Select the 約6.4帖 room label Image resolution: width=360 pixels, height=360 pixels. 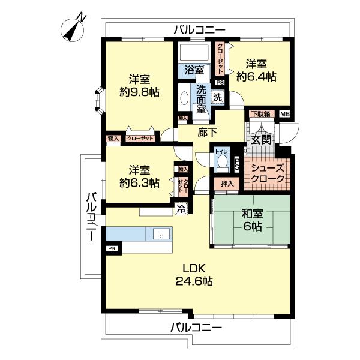pos(256,76)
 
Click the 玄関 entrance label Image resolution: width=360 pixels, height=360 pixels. pos(260,140)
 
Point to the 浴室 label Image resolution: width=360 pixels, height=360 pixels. pos(193,70)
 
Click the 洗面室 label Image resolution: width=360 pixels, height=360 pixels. pos(199,99)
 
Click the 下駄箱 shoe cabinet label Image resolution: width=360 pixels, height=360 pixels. pos(260,114)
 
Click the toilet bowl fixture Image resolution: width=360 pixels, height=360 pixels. pos(223,161)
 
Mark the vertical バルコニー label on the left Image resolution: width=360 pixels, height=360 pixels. pos(91,216)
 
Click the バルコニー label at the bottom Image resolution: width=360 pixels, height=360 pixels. pos(196,328)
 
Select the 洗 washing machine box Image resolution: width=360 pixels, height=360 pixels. pos(218,97)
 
